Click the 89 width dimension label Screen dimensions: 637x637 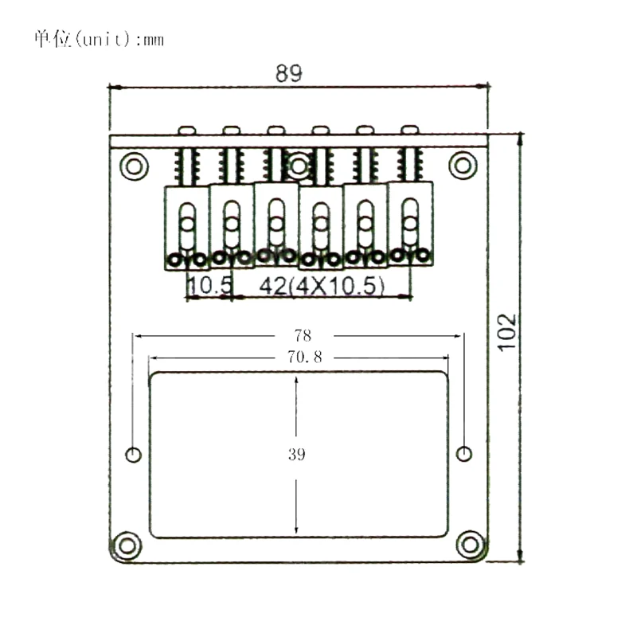pyautogui.click(x=289, y=73)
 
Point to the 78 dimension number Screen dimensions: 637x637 pyautogui.click(x=301, y=335)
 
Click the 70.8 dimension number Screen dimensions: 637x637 pyautogui.click(x=299, y=358)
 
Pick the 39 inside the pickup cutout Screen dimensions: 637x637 pyautogui.click(x=297, y=455)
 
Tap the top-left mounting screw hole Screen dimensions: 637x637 pyautogui.click(x=134, y=166)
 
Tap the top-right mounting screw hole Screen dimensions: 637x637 pyautogui.click(x=463, y=166)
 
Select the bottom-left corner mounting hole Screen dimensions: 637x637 pyautogui.click(x=126, y=546)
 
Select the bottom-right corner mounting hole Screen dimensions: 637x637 pyautogui.click(x=471, y=546)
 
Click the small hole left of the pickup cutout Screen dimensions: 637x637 pyautogui.click(x=134, y=455)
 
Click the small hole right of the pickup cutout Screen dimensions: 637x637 pyautogui.click(x=463, y=454)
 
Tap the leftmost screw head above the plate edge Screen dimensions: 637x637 pyautogui.click(x=188, y=129)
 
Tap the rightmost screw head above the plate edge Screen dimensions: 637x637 pyautogui.click(x=409, y=128)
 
